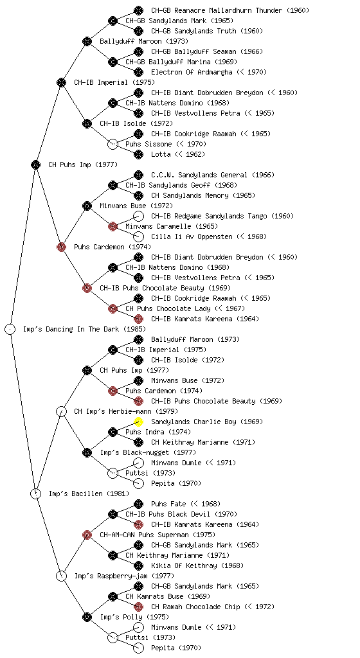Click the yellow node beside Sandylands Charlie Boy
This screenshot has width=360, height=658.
point(138,422)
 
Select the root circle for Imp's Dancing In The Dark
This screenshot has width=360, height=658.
point(10,329)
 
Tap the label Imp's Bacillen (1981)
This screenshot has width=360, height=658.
point(89,493)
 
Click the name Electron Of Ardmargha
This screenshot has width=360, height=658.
point(192,72)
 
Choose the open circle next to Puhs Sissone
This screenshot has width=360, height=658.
point(113,144)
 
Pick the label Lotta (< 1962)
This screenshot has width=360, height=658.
point(178,154)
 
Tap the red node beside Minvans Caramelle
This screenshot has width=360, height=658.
point(113,226)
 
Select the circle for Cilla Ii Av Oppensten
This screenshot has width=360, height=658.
point(138,236)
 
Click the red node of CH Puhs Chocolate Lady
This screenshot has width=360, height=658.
point(113,308)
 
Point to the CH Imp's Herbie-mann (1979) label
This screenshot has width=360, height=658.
point(126,411)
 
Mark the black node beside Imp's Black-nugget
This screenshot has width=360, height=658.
point(87,452)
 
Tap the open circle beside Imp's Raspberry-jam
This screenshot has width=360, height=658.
point(61,576)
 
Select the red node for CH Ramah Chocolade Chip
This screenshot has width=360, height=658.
point(138,607)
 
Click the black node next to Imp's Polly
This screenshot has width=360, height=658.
point(87,617)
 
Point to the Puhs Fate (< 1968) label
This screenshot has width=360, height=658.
point(186,504)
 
